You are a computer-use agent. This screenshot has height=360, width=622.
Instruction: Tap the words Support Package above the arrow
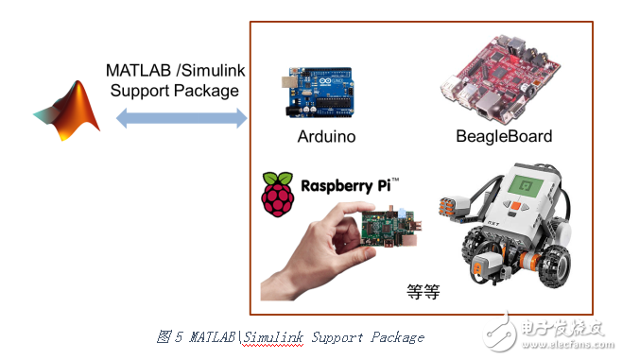tap(175, 91)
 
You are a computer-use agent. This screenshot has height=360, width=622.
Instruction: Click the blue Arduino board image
tap(317, 92)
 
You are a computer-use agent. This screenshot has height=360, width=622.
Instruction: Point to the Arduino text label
tap(326, 136)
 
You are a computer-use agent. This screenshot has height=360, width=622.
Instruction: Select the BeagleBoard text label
tap(504, 136)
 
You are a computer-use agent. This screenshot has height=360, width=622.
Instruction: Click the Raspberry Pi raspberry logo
tap(276, 195)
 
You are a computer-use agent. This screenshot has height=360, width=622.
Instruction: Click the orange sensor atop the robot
tap(453, 202)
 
